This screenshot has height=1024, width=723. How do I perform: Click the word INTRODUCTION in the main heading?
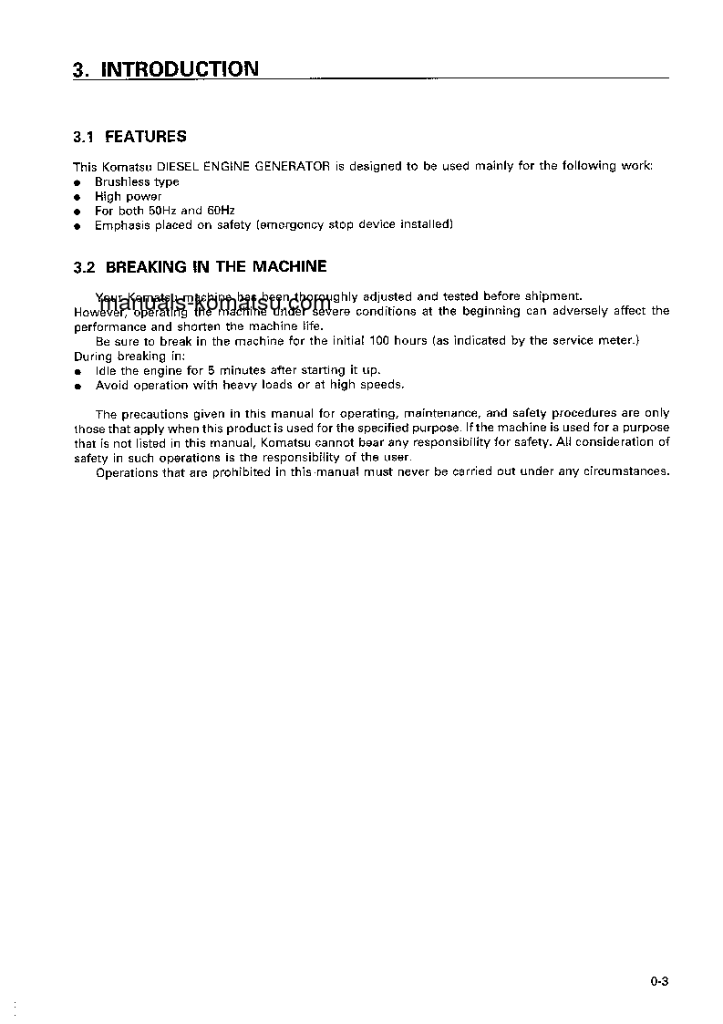[x=179, y=69]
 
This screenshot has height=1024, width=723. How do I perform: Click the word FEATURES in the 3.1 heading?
[x=146, y=137]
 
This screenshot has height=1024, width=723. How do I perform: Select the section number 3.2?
[x=84, y=267]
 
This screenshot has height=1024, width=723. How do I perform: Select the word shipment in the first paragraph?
[x=551, y=296]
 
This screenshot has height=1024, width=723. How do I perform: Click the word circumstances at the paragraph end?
[x=630, y=471]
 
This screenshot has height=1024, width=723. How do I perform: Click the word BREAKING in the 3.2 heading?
[x=145, y=267]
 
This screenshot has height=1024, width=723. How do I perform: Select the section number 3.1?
[x=84, y=137]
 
